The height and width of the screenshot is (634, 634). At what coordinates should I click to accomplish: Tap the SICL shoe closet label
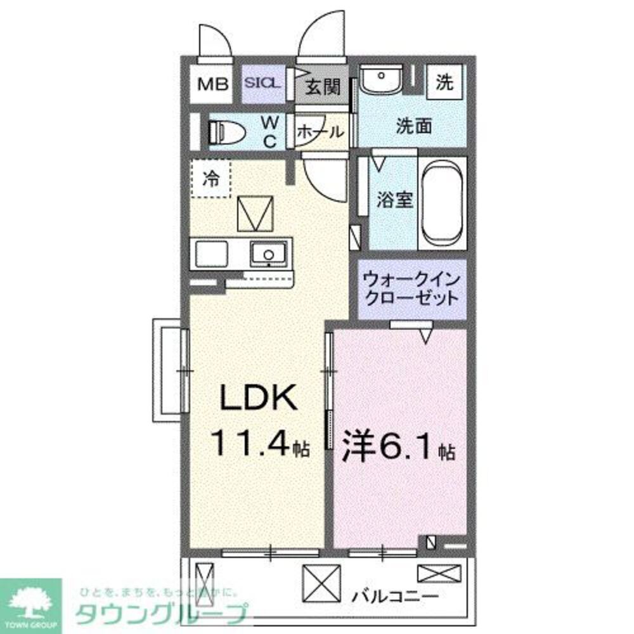point(262,83)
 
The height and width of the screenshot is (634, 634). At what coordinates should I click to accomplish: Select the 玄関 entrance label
point(323,87)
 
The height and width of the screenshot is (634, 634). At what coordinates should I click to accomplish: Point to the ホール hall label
point(321,133)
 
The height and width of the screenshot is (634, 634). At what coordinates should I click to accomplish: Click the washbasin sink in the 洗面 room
point(380,81)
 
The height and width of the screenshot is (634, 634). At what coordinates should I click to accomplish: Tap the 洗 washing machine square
point(444,82)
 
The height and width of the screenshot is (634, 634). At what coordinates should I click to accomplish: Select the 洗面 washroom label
point(414,126)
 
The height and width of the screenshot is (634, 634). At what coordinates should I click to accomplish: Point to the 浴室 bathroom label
point(394,199)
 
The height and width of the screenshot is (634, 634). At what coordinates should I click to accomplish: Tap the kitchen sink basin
point(269,254)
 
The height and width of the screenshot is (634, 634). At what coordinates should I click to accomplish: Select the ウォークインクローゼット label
point(411,288)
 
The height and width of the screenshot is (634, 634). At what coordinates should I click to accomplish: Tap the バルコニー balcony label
point(395,597)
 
